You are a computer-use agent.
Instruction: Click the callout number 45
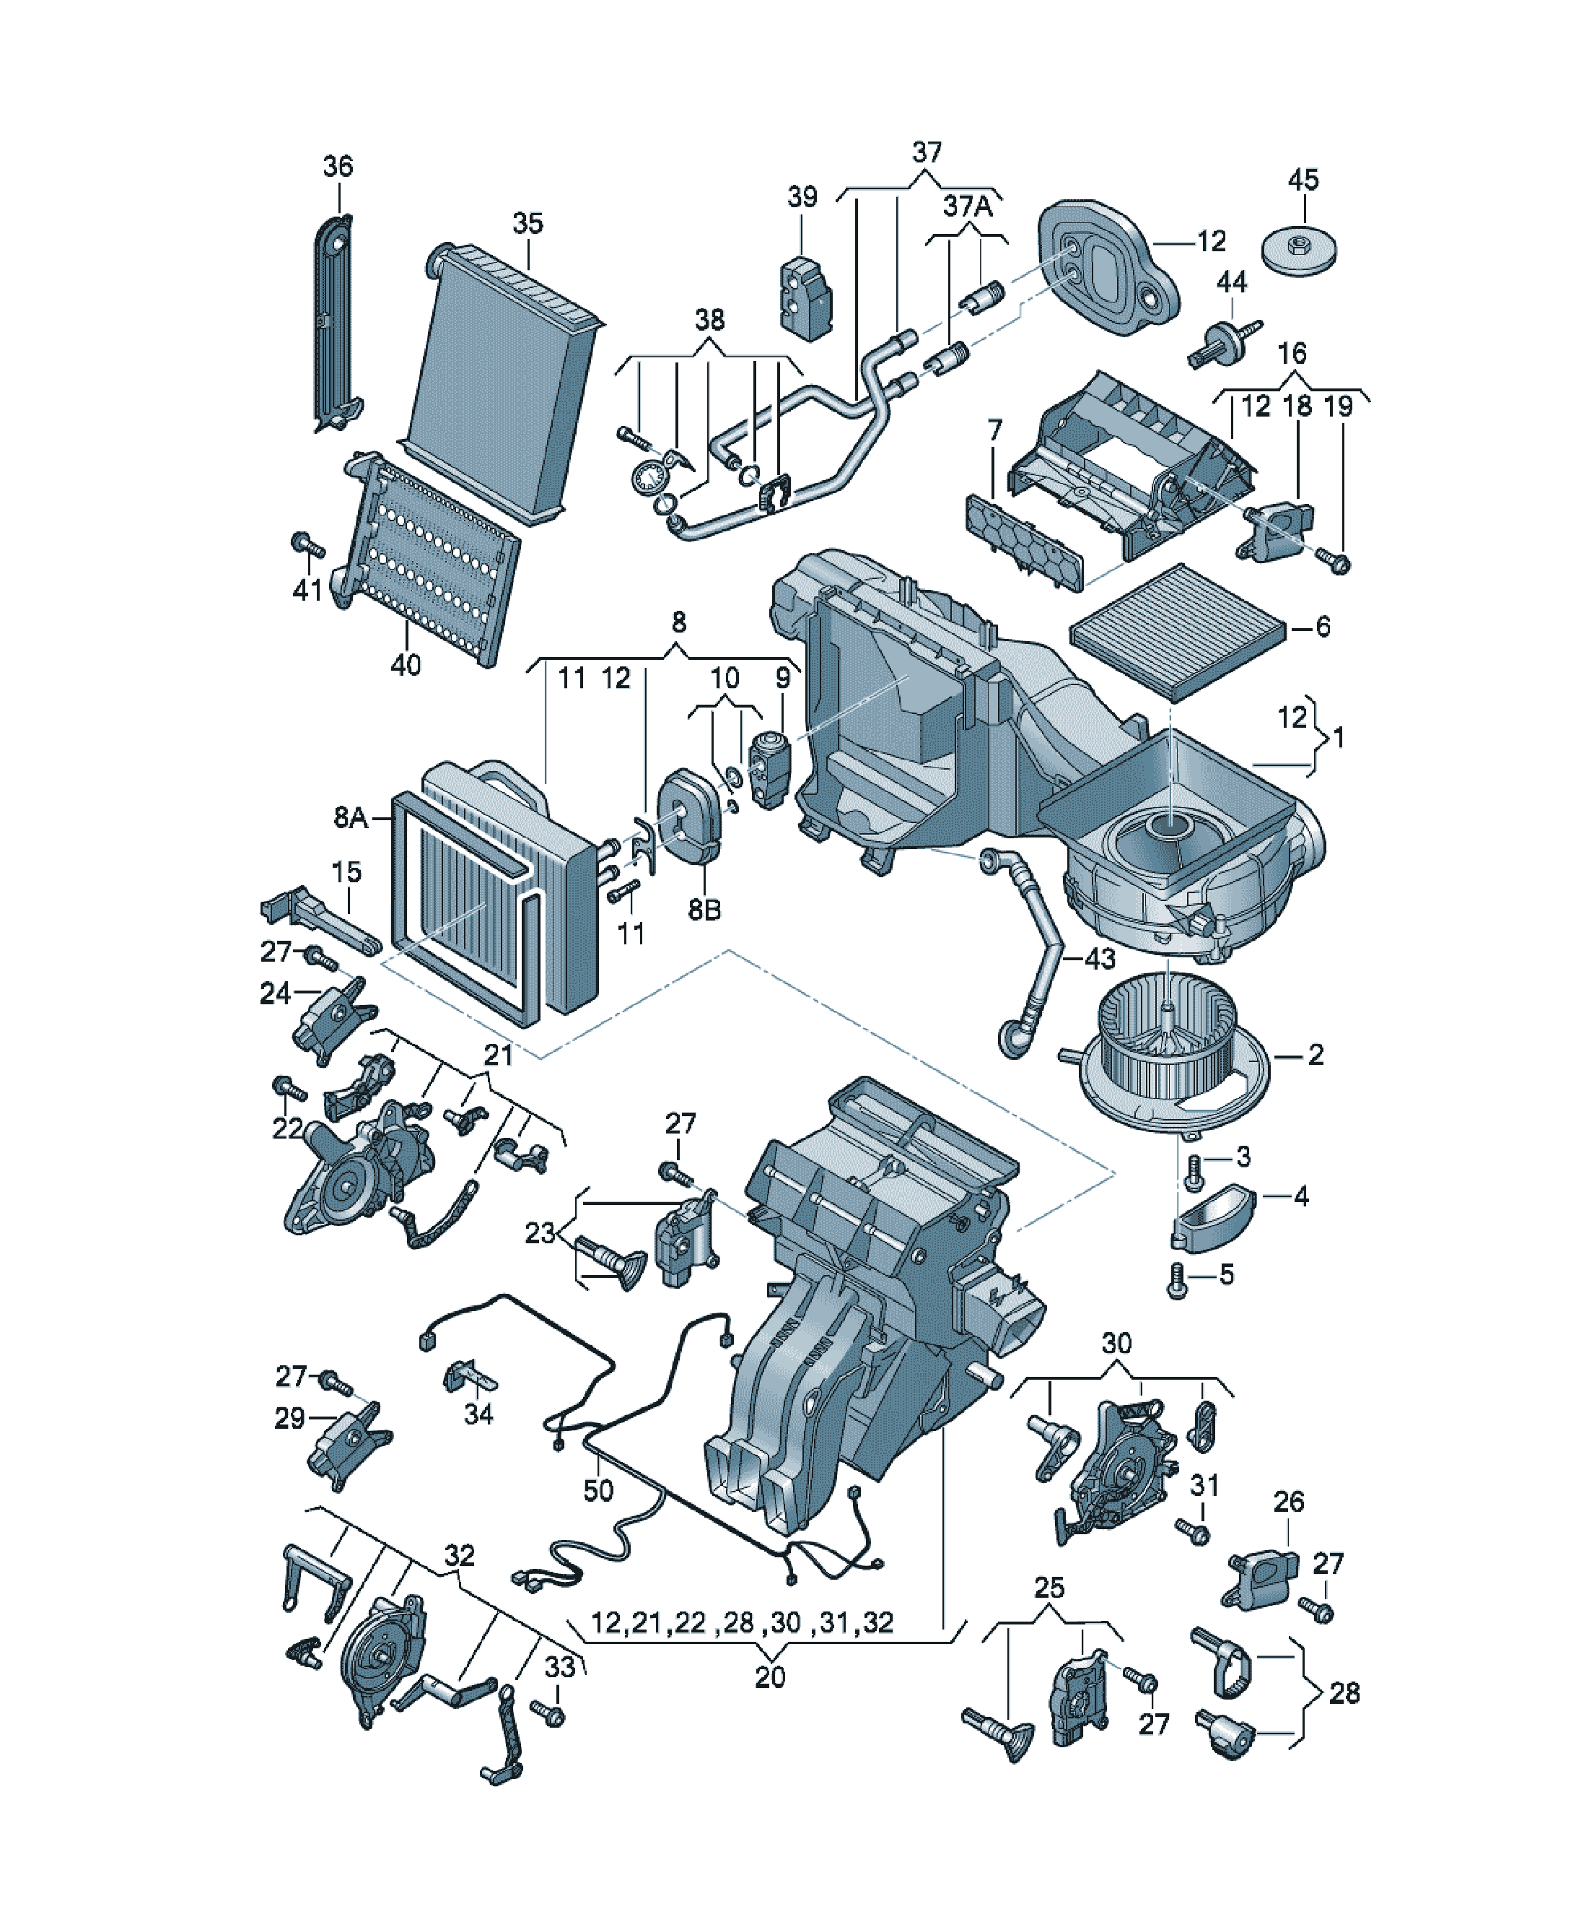[1303, 180]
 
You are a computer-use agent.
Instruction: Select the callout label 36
[338, 167]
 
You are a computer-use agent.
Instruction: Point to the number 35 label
[528, 223]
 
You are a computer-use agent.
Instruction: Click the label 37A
[968, 206]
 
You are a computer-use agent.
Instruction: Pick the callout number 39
[802, 197]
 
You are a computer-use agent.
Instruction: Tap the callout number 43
[1100, 958]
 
